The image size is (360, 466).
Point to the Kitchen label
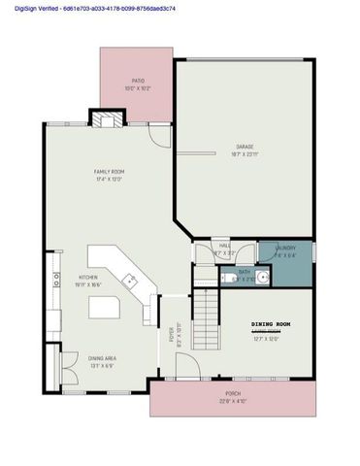pos(87,278)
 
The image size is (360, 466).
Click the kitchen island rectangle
pos(104,310)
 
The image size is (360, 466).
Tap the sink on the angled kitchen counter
pos(131,281)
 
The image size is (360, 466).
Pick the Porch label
pos(234,393)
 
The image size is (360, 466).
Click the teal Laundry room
pos(285,251)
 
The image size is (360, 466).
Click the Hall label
pos(224,246)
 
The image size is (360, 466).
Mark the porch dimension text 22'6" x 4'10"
pos(234,400)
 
